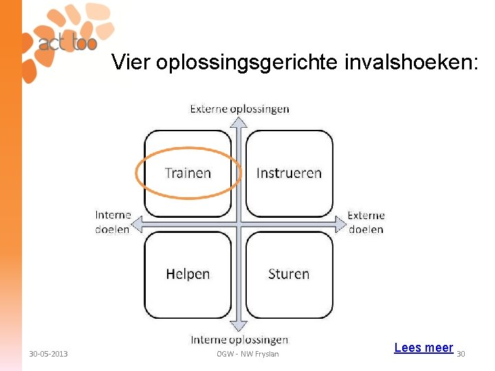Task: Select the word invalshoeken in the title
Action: pos(410,63)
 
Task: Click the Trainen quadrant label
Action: pos(188,173)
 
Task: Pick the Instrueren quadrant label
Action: pos(289,173)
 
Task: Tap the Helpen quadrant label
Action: pos(188,274)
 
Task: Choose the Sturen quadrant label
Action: pos(289,274)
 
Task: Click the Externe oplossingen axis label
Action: pos(239,109)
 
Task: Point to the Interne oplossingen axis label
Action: pos(239,339)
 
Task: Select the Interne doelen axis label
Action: pos(113,222)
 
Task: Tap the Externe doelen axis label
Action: pos(366,222)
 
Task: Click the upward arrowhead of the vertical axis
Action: pos(238,122)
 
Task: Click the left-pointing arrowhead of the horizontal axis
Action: pos(137,223)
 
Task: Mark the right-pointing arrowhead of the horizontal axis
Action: pos(340,223)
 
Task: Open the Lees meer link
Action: pos(423,348)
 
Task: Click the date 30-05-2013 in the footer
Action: pos(48,354)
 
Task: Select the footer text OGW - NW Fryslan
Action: pos(248,354)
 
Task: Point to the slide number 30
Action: pos(461,354)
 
